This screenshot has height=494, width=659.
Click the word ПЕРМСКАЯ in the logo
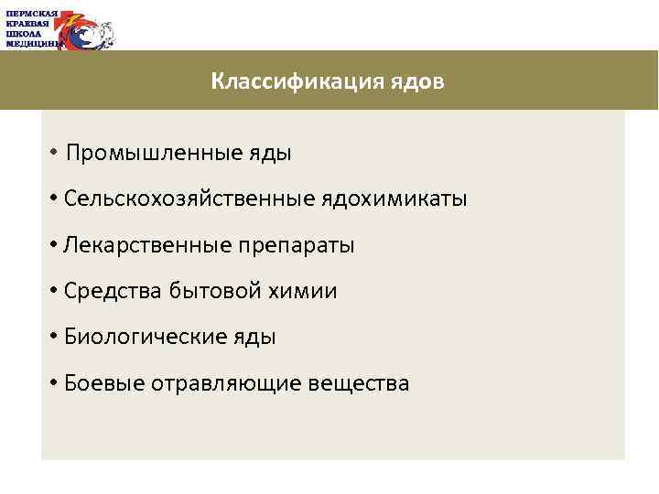click(31, 14)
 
